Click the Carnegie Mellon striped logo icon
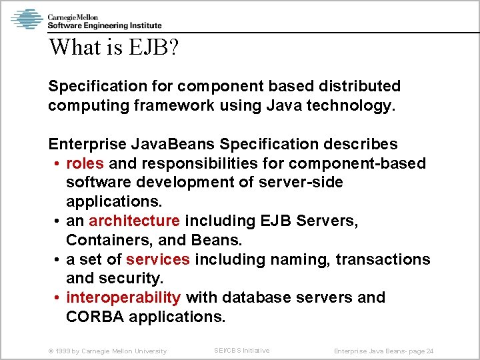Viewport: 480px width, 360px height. coord(27,19)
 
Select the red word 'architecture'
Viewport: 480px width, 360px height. coord(134,221)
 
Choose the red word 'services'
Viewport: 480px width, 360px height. coord(158,259)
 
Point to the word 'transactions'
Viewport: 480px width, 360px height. coord(383,259)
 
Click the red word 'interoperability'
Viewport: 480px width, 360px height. coord(123,297)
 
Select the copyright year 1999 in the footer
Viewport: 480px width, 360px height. coord(66,351)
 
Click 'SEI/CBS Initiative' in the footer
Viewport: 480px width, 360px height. coord(241,350)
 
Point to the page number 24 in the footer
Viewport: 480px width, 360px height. coord(429,351)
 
